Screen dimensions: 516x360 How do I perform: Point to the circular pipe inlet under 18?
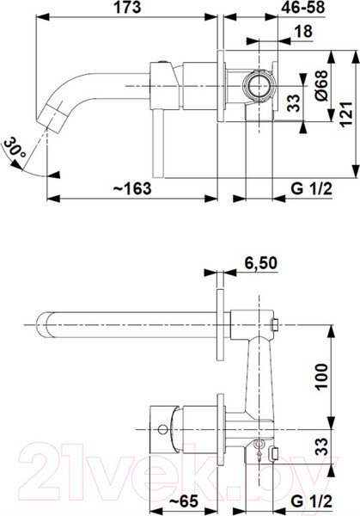pos(257,86)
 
